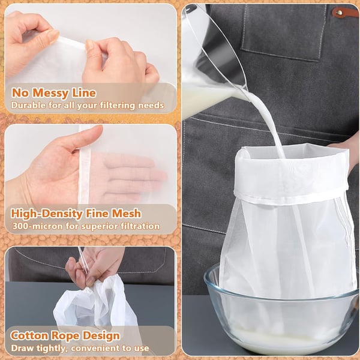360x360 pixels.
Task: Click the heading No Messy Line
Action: click(53, 93)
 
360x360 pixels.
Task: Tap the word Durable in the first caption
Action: click(28, 106)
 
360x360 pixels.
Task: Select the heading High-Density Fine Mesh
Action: click(76, 213)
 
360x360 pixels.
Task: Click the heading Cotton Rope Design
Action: click(65, 336)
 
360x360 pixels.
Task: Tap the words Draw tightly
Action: click(34, 349)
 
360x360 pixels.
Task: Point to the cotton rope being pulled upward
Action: click(82, 258)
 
